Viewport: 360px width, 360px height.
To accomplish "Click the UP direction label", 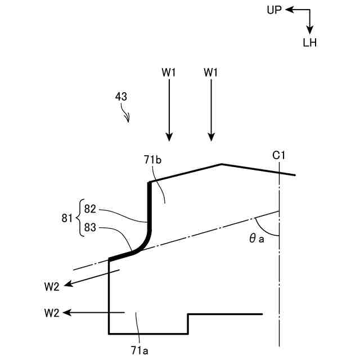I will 274,10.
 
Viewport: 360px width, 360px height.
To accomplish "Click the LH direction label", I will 310,43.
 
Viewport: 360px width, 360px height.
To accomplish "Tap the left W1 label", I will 169,72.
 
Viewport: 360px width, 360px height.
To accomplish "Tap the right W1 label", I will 211,72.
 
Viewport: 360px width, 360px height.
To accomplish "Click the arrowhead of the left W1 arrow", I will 169,137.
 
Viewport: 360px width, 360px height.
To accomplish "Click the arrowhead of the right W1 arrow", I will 211,137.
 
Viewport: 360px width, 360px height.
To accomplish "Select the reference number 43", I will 121,96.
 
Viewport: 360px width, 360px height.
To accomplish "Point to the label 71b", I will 152,160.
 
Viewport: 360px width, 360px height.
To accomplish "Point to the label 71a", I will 139,350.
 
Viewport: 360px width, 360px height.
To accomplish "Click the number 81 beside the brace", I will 67,217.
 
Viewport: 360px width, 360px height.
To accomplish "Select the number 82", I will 91,209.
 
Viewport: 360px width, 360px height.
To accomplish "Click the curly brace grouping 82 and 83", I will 79,217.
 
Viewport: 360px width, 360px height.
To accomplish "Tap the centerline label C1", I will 280,154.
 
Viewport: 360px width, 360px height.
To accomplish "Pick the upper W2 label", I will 51,286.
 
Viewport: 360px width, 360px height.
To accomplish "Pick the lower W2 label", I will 51,313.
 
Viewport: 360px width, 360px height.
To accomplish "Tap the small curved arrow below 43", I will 127,116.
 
